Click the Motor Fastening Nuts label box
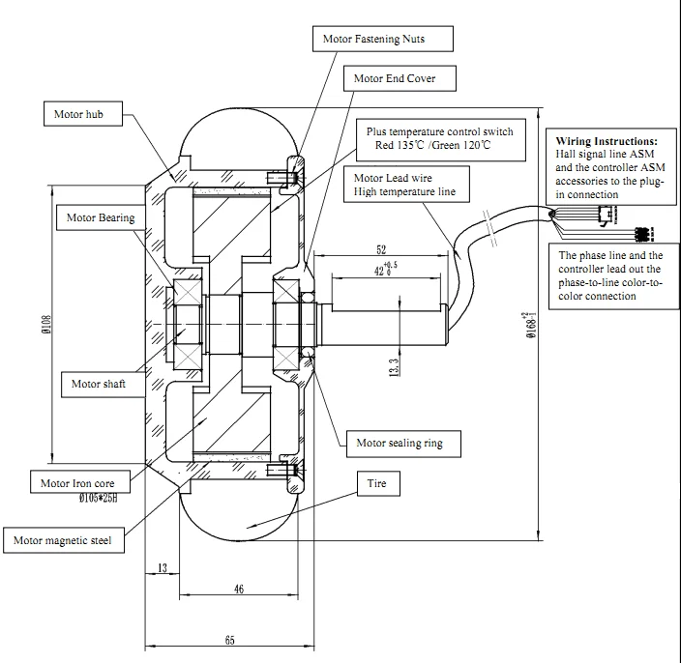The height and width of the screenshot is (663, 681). (383, 39)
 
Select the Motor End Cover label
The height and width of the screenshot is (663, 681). (400, 78)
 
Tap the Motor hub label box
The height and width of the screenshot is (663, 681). (83, 114)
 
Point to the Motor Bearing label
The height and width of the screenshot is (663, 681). (101, 217)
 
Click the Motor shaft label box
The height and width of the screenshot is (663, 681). (103, 384)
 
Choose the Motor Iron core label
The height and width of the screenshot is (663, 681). (80, 482)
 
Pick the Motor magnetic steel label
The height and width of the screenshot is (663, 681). (64, 540)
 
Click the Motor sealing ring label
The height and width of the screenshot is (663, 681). (403, 444)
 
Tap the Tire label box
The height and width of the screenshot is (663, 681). (378, 483)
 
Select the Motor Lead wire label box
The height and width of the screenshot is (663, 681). (406, 185)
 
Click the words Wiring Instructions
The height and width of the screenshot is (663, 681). (607, 141)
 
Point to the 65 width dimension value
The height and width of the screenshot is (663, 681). (230, 640)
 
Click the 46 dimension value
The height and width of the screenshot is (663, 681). (239, 589)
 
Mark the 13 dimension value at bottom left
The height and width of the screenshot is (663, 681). (163, 568)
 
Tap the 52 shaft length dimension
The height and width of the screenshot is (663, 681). (381, 250)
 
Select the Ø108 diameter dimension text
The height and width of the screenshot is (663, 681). (46, 324)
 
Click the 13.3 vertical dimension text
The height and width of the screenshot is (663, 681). (394, 367)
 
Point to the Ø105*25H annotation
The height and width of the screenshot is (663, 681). (98, 498)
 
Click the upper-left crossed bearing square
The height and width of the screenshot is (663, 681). (188, 292)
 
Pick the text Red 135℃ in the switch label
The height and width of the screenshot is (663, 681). (400, 145)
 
